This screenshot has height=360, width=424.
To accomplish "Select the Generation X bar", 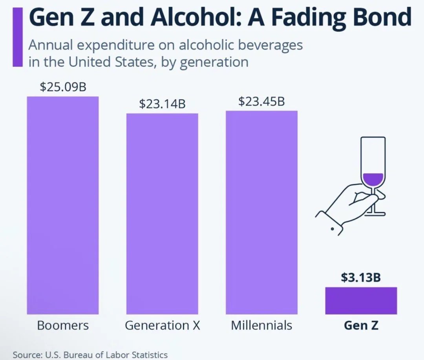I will point(162,214).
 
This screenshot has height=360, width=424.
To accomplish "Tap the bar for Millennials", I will point(261,212).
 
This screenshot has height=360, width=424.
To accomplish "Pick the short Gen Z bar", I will point(361,301).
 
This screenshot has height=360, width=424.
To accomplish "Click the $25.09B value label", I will point(63,87).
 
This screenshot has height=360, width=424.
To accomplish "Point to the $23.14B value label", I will point(162,104).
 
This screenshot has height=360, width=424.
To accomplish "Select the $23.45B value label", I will point(261,101).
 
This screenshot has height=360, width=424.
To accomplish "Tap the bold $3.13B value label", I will point(361,277).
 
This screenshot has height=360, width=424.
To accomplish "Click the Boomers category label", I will point(63,325).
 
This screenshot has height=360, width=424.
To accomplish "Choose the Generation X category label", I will point(162,325).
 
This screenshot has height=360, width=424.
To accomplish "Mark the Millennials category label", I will point(261,325).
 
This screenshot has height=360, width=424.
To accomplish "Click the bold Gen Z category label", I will point(361,325).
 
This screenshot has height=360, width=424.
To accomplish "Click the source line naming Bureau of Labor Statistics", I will point(90,354).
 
